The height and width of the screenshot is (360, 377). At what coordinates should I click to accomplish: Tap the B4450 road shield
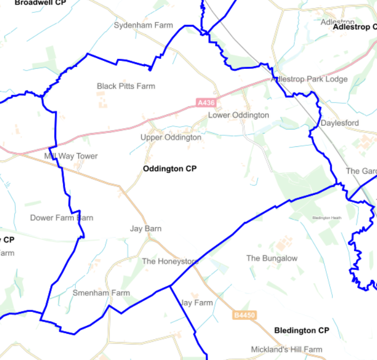click(x=245, y=316)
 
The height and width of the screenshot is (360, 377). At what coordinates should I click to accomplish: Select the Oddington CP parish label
click(x=170, y=169)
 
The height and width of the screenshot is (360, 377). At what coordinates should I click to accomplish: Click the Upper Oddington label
click(x=171, y=137)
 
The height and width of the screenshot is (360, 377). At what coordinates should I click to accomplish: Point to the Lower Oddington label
click(x=239, y=115)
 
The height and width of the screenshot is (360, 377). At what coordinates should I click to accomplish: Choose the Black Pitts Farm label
click(x=126, y=86)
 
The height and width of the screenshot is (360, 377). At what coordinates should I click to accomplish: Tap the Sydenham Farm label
click(x=144, y=25)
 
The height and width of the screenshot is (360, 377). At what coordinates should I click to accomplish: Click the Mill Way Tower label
click(x=71, y=156)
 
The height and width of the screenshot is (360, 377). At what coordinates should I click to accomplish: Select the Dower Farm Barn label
click(x=61, y=217)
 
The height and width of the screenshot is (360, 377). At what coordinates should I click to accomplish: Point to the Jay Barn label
click(x=146, y=229)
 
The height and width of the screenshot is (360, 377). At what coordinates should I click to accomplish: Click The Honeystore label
click(x=170, y=261)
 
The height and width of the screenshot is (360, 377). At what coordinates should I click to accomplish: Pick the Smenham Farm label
click(x=101, y=293)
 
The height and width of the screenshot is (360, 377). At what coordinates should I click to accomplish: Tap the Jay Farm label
click(x=197, y=302)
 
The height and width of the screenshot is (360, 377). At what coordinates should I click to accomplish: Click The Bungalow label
click(x=272, y=258)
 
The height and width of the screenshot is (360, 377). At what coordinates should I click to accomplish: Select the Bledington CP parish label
click(x=302, y=331)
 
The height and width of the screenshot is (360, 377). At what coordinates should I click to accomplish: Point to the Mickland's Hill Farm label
click(x=287, y=349)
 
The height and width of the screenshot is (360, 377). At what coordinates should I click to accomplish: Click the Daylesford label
click(x=340, y=123)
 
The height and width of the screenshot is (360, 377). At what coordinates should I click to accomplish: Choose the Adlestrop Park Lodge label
click(x=309, y=79)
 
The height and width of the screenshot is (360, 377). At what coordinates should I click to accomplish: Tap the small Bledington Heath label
click(x=326, y=218)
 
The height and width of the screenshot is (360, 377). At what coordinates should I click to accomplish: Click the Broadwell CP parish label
click(x=40, y=3)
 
